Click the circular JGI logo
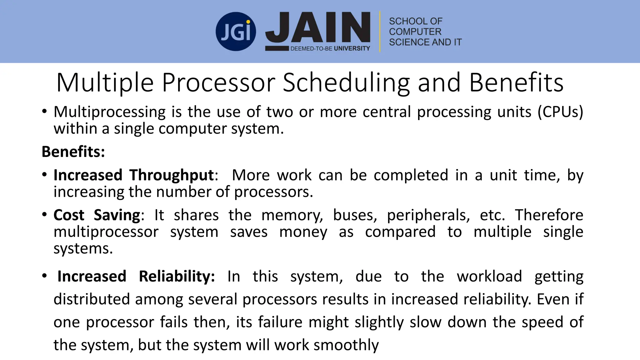236,32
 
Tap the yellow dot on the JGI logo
248,22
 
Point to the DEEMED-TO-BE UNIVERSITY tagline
330,48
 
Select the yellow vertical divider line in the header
380,32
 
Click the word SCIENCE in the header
406,42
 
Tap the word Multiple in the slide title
105,82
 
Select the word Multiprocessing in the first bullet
109,112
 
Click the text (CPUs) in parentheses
560,112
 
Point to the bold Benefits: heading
73,152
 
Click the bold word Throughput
172,175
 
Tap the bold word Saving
117,215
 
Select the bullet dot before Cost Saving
45,215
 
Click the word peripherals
428,215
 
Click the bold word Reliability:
177,276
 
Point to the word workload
489,276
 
